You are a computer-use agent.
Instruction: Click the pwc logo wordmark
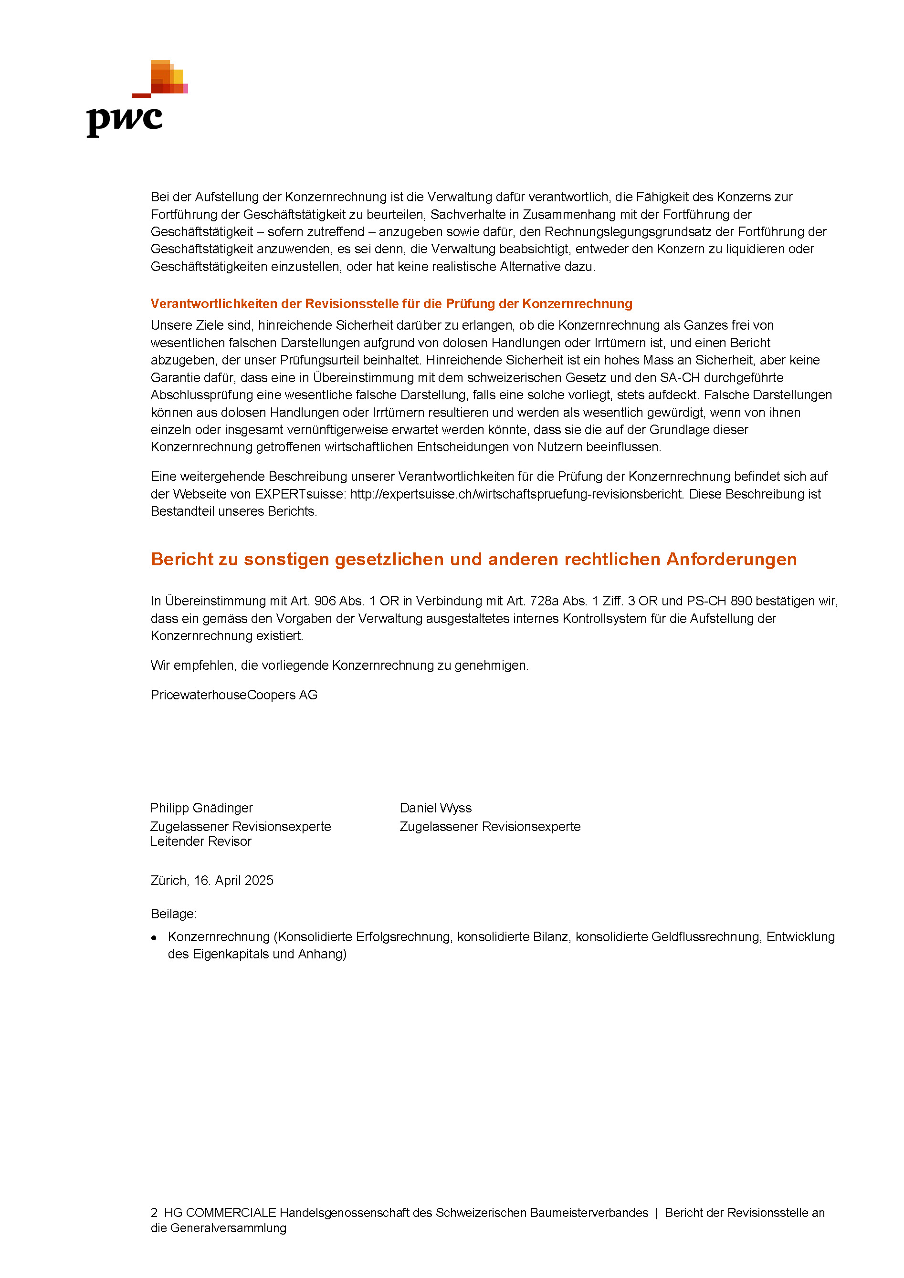(x=124, y=120)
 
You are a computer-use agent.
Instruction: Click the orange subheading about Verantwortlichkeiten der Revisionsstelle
(x=391, y=304)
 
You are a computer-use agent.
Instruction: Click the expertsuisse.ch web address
(x=516, y=494)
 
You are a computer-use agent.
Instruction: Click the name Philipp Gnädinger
(x=201, y=808)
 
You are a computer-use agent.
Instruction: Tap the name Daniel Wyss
(x=436, y=808)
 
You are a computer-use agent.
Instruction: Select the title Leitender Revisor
(x=200, y=842)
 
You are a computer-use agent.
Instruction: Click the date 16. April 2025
(x=234, y=881)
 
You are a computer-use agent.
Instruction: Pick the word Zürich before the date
(x=169, y=881)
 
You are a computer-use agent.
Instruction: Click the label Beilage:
(x=173, y=914)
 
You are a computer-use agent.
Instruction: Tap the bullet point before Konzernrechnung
(x=154, y=938)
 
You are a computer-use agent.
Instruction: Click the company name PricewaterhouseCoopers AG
(x=234, y=695)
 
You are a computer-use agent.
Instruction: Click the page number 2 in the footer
(x=154, y=1213)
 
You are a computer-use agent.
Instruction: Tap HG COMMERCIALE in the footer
(x=220, y=1213)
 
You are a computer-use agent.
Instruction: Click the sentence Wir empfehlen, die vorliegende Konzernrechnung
(x=339, y=666)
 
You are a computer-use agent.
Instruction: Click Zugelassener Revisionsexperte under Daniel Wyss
(x=490, y=827)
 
